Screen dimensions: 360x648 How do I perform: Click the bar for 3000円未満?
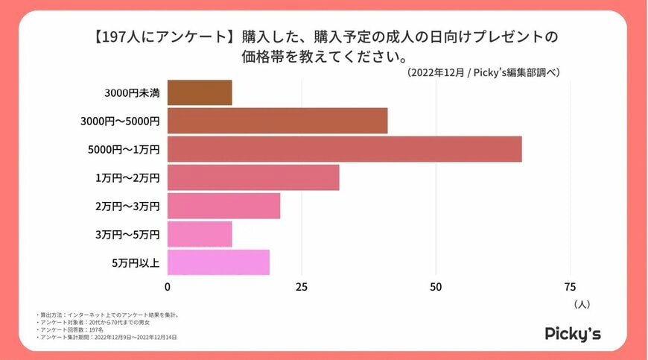tap(200, 92)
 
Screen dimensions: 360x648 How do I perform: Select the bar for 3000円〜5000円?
tap(277, 121)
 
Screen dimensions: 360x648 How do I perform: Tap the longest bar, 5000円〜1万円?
tap(344, 149)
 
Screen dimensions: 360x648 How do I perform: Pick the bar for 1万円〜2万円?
tap(253, 177)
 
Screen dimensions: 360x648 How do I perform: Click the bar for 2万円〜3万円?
tap(223, 206)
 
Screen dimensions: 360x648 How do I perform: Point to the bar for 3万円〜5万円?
tap(200, 234)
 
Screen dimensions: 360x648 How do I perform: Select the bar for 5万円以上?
tap(218, 262)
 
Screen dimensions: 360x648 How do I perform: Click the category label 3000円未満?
tap(132, 93)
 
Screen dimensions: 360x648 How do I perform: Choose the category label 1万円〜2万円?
tap(127, 178)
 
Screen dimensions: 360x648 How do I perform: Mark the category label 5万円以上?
tap(135, 263)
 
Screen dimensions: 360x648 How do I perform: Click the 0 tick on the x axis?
tap(168, 287)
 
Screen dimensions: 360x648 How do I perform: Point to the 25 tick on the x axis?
tap(302, 287)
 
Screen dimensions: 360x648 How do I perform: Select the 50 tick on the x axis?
tap(436, 287)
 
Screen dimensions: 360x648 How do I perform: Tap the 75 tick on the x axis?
tap(570, 287)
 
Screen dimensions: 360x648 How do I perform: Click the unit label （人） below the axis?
tap(582, 304)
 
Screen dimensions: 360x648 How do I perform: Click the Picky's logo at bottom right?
tap(573, 332)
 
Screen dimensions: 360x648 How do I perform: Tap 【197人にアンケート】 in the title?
tap(158, 37)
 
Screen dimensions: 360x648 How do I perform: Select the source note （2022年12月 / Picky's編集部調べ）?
tap(483, 72)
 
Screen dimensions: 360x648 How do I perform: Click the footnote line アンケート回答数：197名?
tap(70, 329)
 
